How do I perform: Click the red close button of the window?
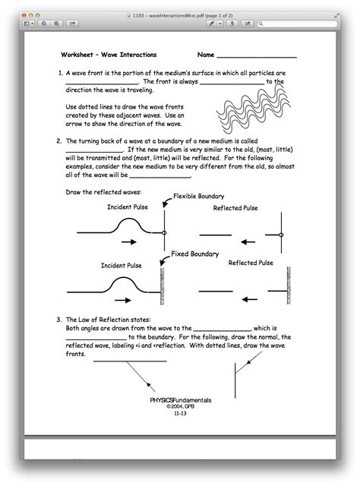(24, 15)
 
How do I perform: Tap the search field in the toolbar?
(297, 24)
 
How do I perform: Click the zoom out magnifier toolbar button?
(44, 24)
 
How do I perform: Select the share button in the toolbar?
(72, 24)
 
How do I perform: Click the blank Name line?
(257, 58)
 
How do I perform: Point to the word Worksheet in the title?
(77, 55)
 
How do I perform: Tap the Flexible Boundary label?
(198, 196)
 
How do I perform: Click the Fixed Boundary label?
(194, 254)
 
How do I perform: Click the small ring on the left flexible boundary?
(164, 233)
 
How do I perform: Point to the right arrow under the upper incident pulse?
(129, 242)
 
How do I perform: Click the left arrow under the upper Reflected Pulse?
(248, 241)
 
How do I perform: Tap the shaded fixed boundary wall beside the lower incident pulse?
(163, 286)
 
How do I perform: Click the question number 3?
(59, 320)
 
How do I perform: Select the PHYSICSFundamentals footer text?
(181, 400)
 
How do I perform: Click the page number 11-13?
(180, 413)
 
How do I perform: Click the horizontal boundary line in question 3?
(130, 361)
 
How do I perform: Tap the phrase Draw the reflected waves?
(103, 192)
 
